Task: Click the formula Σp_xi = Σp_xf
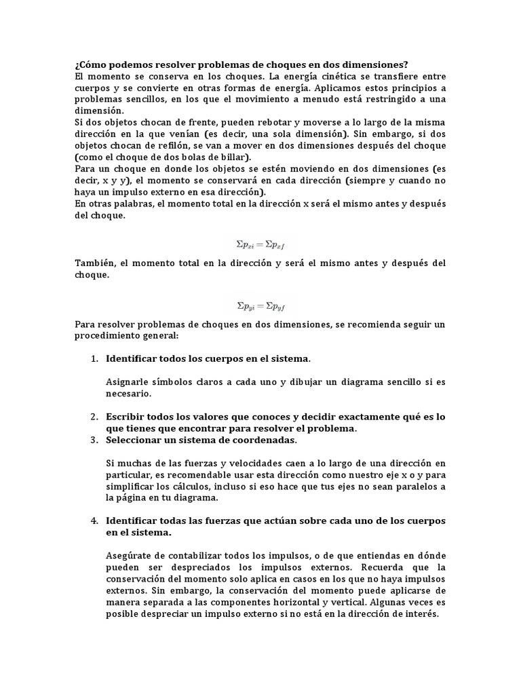(x=261, y=243)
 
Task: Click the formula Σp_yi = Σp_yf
(x=261, y=305)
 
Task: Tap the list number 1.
(x=94, y=358)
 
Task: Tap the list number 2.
(x=94, y=417)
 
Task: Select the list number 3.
(x=94, y=440)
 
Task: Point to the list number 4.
(x=94, y=521)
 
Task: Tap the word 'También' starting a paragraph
(x=94, y=263)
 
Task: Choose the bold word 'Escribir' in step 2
(x=127, y=417)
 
